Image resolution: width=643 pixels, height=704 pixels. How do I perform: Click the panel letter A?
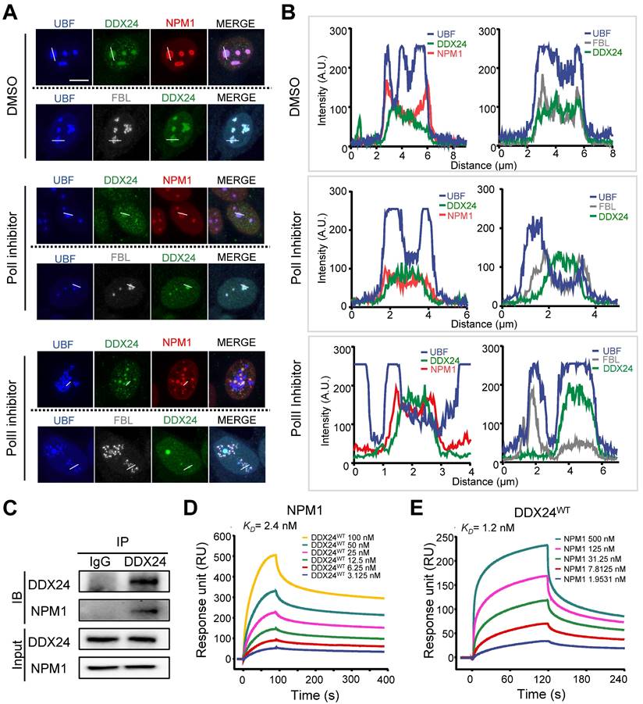point(11,13)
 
